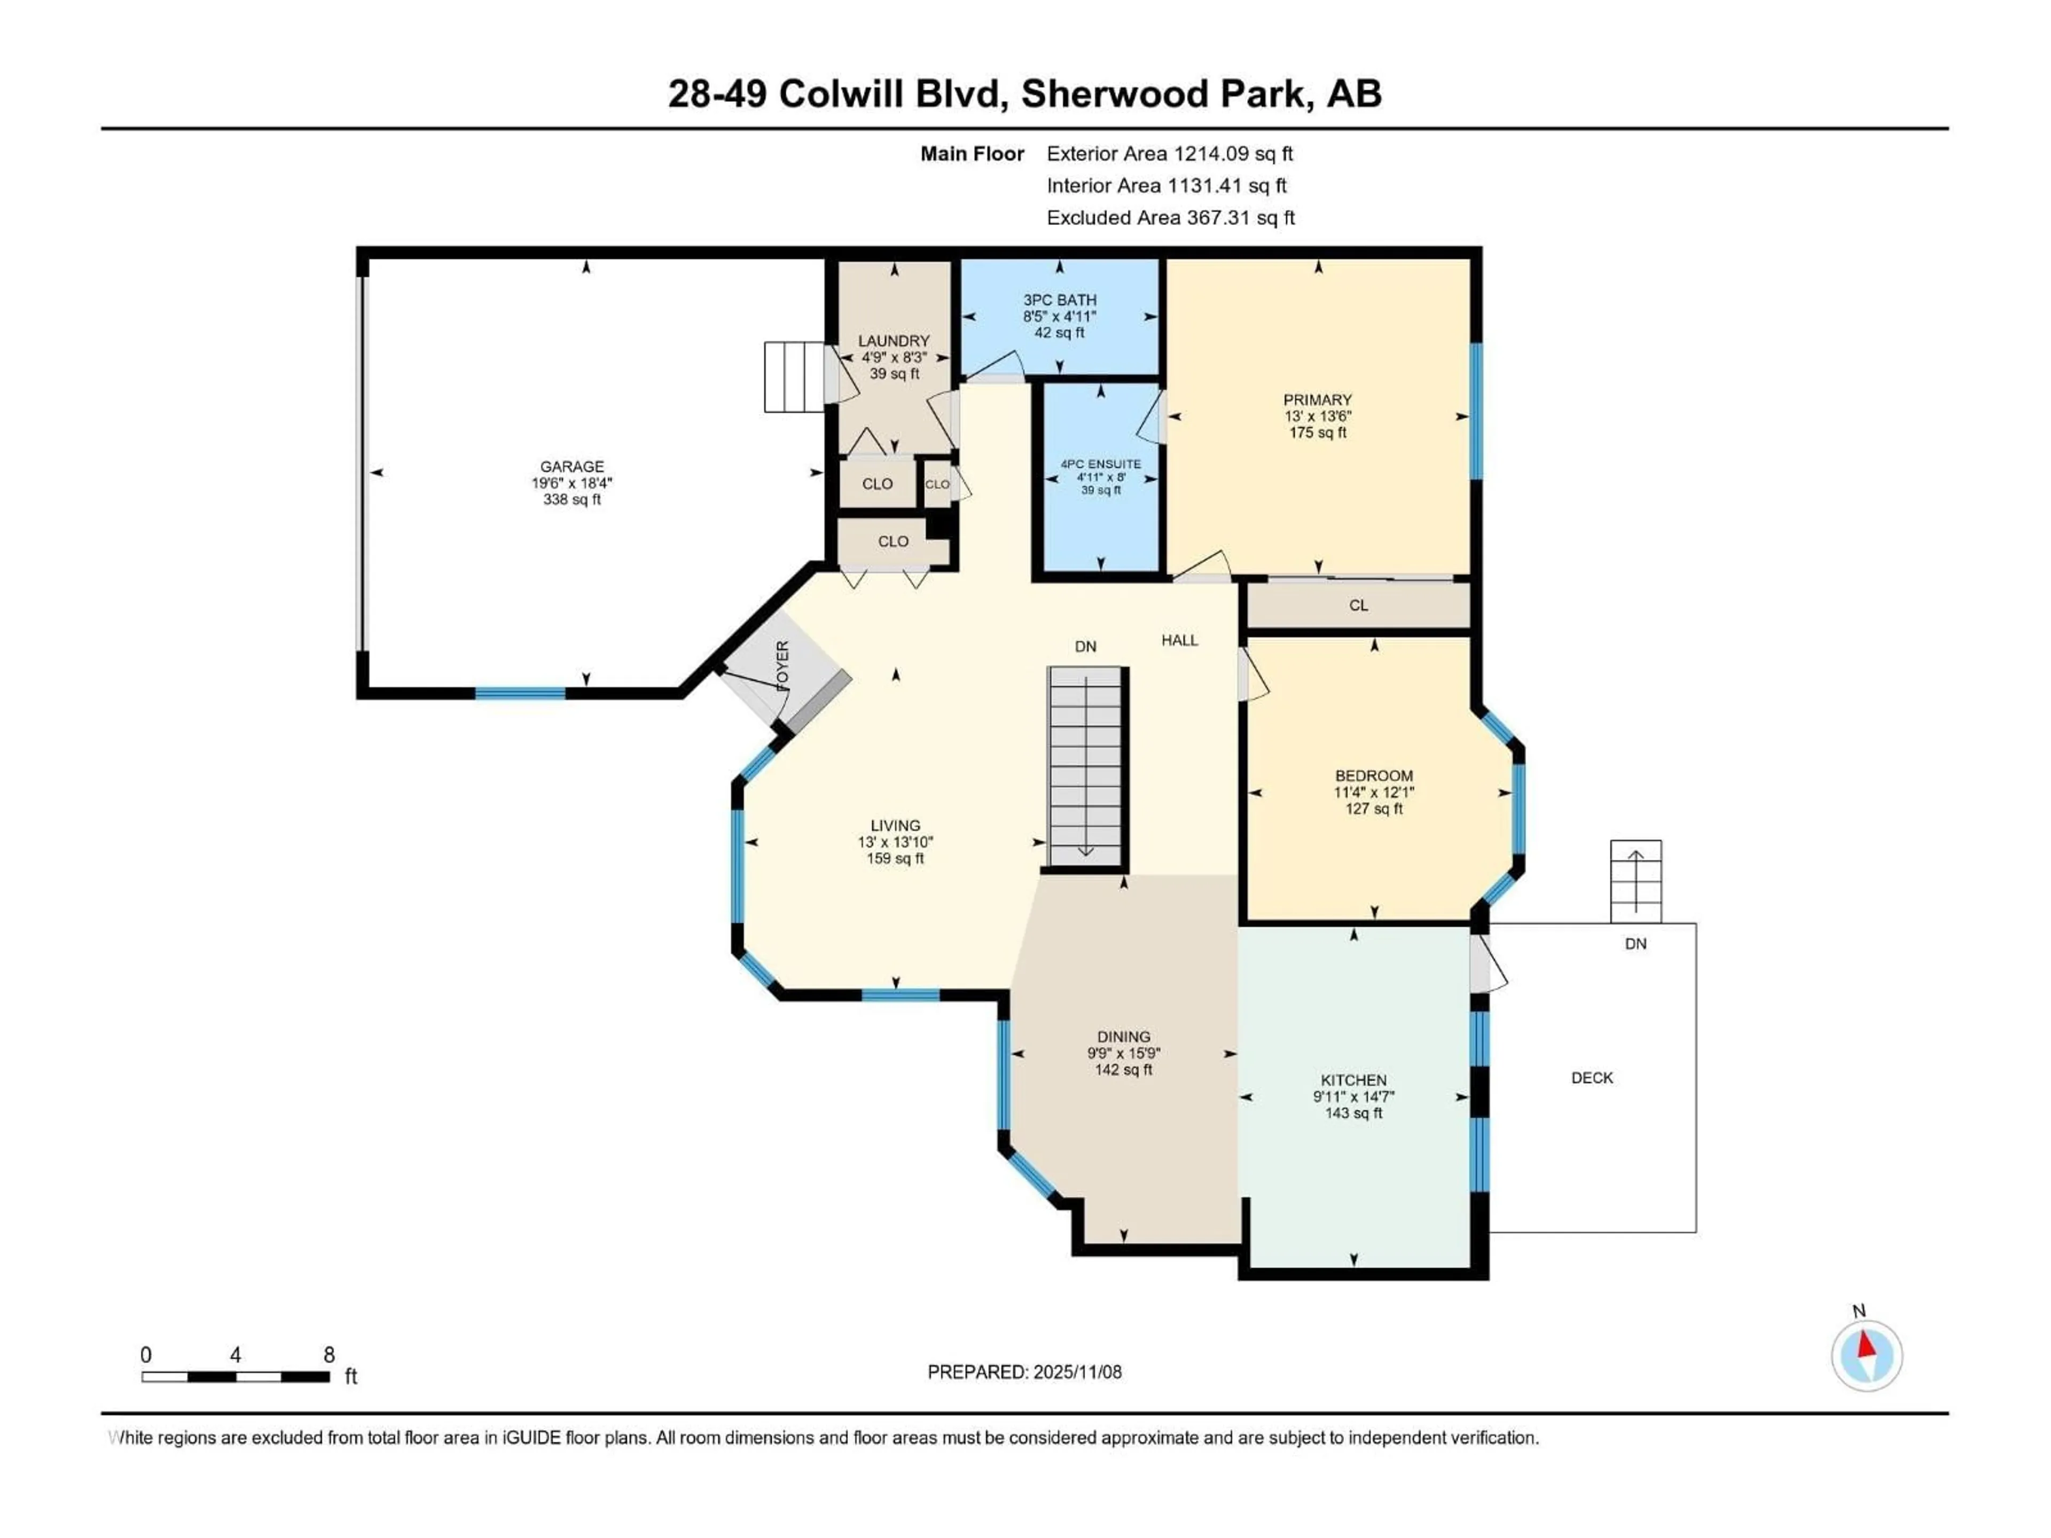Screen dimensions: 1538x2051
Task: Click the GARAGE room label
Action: [x=572, y=466]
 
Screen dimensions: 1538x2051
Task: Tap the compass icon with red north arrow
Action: [x=1867, y=1355]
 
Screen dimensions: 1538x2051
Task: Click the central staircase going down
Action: [x=1085, y=767]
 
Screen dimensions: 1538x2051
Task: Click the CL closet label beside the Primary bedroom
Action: [x=1358, y=606]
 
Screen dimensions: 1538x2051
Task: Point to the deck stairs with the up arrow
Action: [x=1635, y=881]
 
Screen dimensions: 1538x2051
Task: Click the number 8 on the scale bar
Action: [x=328, y=1354]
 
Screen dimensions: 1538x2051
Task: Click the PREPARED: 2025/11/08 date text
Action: [x=1024, y=1372]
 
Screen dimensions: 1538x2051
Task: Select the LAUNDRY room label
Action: [x=893, y=341]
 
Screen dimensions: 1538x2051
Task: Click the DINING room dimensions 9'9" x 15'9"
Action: [x=1124, y=1053]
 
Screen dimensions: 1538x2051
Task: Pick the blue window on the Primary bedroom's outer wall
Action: [x=1476, y=411]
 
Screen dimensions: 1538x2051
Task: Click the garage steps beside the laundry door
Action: [x=794, y=378]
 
